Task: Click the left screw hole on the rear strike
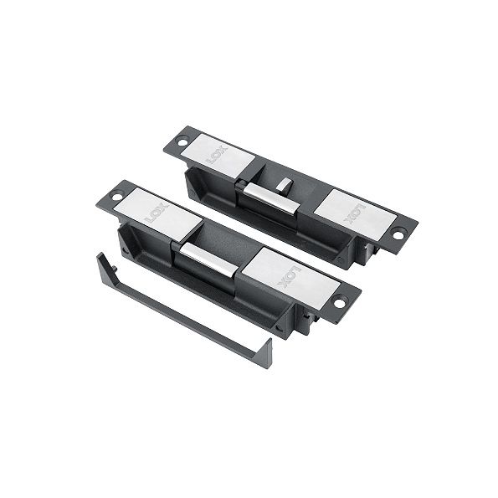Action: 182,141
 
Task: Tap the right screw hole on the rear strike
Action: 398,234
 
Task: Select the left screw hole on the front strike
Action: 117,196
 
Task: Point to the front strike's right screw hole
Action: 340,302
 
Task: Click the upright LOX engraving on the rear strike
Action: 218,154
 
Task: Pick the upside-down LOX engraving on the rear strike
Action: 356,214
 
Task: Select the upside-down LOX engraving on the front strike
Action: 289,276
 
